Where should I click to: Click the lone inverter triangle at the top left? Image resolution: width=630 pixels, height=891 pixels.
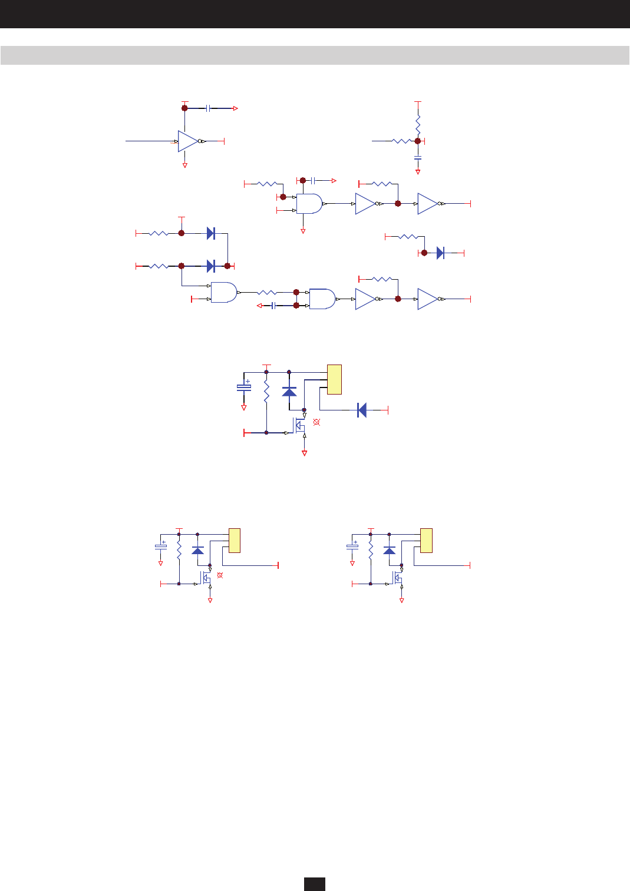[188, 141]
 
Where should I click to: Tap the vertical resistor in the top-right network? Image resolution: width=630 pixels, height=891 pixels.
[418, 125]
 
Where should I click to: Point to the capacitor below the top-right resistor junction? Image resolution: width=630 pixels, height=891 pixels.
[418, 158]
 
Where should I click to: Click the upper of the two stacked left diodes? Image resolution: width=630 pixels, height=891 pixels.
[210, 233]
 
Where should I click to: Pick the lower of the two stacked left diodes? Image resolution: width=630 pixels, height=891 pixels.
[210, 266]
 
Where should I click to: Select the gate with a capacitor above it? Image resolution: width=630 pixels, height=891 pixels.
[309, 204]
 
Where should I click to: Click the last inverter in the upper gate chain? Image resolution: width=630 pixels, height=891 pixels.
[427, 204]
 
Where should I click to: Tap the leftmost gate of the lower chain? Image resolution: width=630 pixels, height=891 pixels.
[223, 292]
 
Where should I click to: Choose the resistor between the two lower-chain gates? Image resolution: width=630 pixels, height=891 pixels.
[266, 292]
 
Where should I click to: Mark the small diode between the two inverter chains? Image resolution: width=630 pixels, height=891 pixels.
[440, 253]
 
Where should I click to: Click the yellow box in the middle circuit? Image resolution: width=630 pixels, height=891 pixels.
[334, 380]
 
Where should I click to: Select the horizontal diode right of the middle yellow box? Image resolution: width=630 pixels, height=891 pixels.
[362, 410]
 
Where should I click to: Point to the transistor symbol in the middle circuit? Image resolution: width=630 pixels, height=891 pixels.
[300, 425]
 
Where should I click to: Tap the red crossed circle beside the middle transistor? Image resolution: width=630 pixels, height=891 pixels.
[316, 422]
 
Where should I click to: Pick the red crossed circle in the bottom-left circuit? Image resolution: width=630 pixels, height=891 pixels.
[220, 575]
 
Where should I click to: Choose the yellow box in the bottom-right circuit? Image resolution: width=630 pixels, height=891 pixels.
[426, 541]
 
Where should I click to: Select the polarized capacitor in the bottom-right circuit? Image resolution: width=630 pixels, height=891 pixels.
[352, 546]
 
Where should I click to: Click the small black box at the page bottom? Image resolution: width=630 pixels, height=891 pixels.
[315, 884]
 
